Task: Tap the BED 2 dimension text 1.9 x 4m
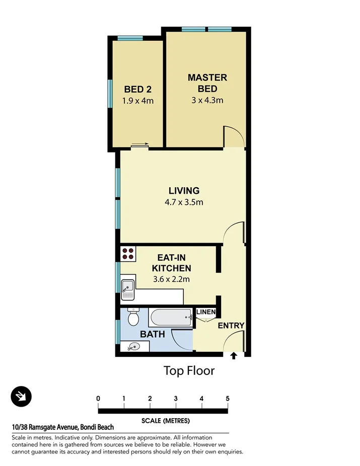137,101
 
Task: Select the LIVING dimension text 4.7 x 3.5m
184,202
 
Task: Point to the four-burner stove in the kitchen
128,253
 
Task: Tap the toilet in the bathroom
133,317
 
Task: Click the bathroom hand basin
133,346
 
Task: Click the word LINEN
205,313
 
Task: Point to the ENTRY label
231,326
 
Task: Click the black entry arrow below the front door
234,357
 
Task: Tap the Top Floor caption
189,371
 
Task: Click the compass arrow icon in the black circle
21,397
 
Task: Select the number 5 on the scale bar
228,399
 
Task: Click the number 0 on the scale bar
98,399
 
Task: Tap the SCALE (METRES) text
163,420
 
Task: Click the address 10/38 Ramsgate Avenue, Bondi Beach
66,427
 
